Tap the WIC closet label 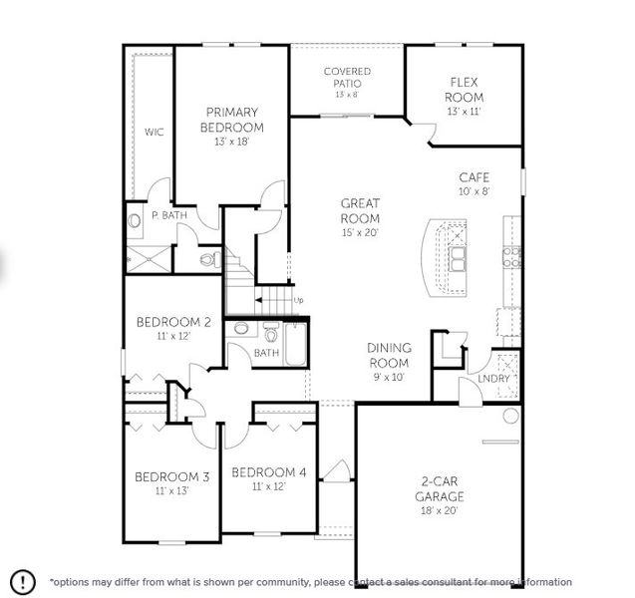click(x=153, y=131)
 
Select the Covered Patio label click(x=347, y=77)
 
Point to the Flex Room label click(x=466, y=91)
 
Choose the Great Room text click(x=360, y=211)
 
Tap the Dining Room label click(x=389, y=355)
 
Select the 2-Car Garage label click(x=440, y=488)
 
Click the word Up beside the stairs click(x=297, y=299)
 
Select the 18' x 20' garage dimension click(x=440, y=510)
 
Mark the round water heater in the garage click(x=510, y=415)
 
